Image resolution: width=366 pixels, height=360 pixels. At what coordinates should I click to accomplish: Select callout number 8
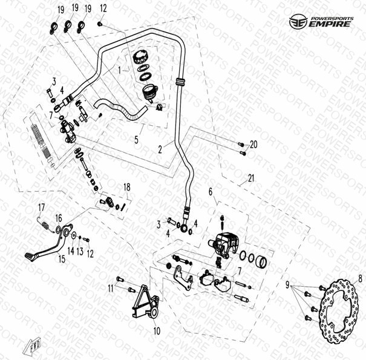pyautogui.click(x=361, y=279)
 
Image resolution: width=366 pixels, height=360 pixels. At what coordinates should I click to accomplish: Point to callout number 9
pyautogui.click(x=288, y=284)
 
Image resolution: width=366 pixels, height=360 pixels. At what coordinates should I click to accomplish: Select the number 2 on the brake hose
pyautogui.click(x=160, y=148)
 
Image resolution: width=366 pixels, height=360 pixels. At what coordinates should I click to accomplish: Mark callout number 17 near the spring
pyautogui.click(x=42, y=208)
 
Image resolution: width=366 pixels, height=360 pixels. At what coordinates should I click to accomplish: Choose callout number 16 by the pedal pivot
pyautogui.click(x=59, y=217)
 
